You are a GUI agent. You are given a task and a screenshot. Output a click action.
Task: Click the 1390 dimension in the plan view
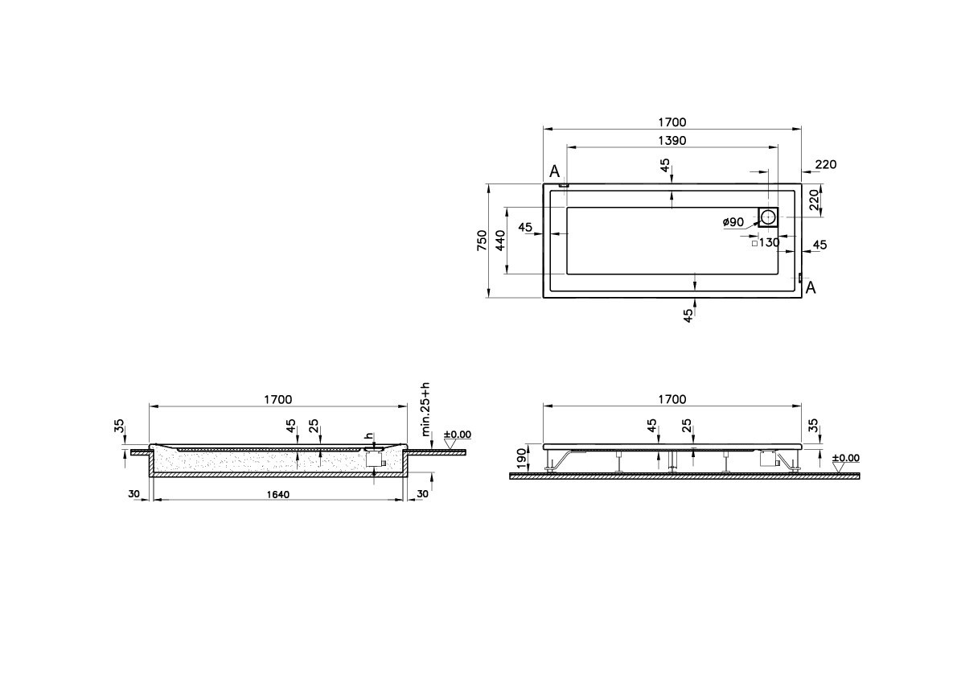coord(672,140)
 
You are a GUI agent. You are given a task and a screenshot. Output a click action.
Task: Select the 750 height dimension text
coord(482,241)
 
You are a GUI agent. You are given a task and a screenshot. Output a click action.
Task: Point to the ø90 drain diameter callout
coord(732,222)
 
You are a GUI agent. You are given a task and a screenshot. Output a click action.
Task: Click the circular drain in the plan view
coord(768,216)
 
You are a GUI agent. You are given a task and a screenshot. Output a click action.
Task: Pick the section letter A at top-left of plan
coord(554,171)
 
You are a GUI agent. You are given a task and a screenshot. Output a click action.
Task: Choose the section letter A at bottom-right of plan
coord(811,288)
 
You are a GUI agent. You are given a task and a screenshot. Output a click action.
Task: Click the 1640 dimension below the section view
coord(277,493)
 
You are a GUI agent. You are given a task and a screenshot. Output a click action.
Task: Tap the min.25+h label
coord(426,408)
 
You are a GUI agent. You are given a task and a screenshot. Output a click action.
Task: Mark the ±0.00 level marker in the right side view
coord(845,459)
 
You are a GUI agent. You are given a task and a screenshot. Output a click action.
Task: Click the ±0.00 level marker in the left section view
coord(458,435)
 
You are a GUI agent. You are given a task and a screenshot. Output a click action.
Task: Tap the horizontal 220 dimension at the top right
coord(825,165)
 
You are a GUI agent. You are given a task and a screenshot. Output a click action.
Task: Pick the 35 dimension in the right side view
coord(812,426)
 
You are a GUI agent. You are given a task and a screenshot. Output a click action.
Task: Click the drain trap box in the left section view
coord(374,460)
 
